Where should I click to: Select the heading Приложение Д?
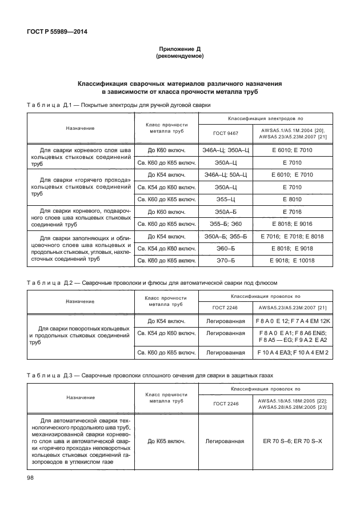pos(180,50)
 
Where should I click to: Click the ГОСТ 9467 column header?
pos(225,132)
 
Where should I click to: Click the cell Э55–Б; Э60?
pos(225,224)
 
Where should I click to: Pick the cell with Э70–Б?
pos(225,261)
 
